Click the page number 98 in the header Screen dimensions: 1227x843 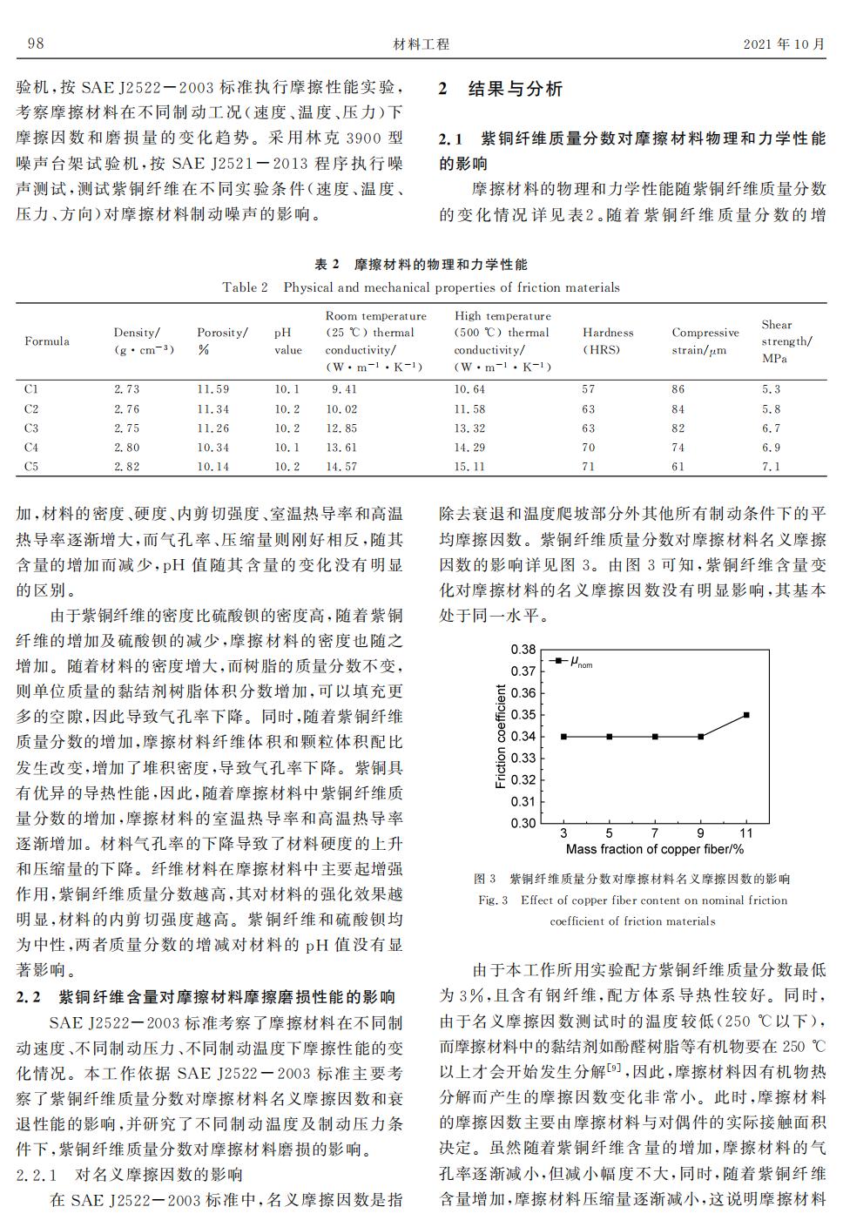36,44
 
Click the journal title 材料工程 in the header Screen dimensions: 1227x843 421,44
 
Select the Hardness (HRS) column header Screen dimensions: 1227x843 608,340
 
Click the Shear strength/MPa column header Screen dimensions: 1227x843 786,340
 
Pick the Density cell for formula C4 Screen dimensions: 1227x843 126,448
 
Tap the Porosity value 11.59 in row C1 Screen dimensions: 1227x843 212,389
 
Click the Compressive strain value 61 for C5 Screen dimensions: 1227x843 678,467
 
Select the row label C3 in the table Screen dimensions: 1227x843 31,428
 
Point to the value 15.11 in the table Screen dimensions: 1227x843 469,467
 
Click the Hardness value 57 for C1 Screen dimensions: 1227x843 589,389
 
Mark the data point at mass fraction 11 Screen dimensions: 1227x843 746,715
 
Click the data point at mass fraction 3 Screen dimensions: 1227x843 563,737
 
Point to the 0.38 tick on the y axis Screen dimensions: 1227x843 523,650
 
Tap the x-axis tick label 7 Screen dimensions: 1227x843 655,833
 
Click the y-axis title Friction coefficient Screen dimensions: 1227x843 501,736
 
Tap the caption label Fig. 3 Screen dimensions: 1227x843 493,900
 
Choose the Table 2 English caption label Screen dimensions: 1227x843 245,287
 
